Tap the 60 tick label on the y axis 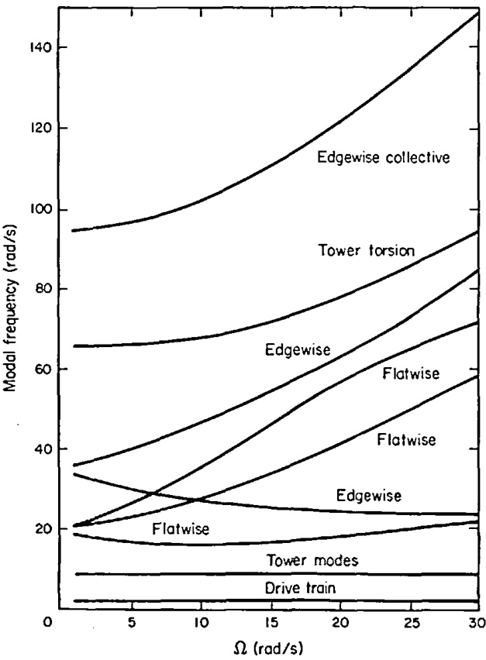40,370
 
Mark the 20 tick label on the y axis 40,530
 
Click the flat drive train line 271,601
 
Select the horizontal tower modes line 271,574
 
